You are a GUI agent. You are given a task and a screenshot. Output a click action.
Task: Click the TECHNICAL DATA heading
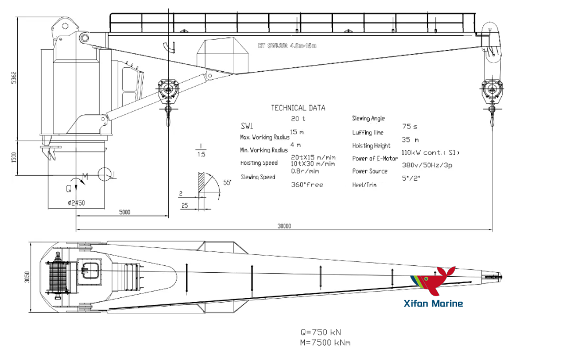tap(297, 108)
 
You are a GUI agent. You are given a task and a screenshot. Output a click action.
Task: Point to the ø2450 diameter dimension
tap(76, 202)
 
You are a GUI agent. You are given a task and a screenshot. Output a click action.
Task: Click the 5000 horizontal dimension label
tap(125, 212)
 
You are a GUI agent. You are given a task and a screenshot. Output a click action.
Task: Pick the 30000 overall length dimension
tap(284, 226)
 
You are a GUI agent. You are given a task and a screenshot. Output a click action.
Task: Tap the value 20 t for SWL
tap(299, 119)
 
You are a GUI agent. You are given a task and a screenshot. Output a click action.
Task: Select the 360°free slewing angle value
tap(307, 185)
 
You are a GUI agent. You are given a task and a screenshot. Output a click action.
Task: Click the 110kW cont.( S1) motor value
tap(431, 153)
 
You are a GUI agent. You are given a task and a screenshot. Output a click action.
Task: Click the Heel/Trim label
tap(364, 185)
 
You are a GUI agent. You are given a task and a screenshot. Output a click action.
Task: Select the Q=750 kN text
tap(324, 332)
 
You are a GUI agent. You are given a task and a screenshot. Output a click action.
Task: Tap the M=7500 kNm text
tap(325, 343)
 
